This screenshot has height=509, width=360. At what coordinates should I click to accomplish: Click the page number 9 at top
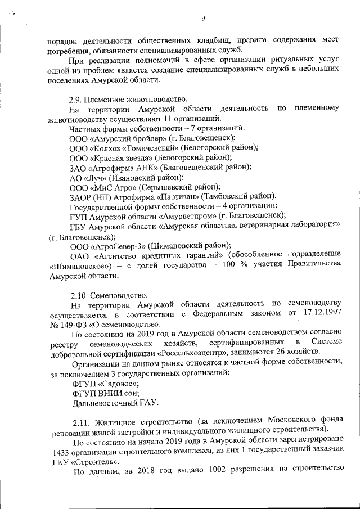point(202,19)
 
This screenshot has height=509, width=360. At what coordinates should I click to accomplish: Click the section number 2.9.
point(76,98)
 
